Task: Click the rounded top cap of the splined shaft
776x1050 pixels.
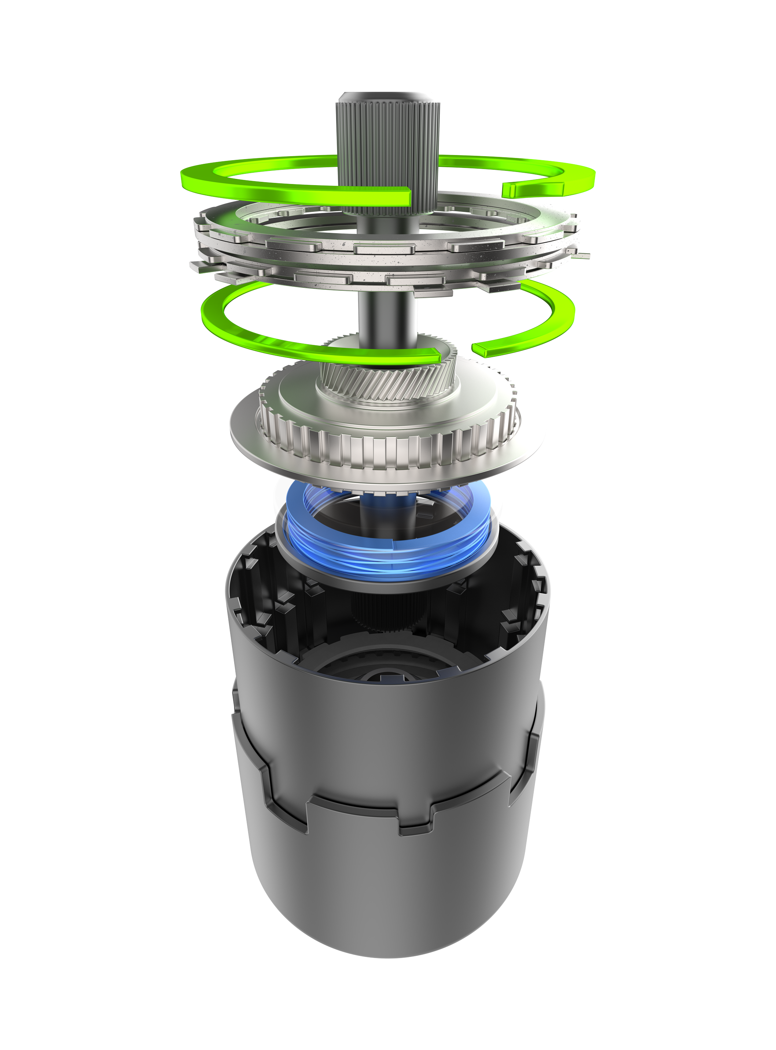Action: [387, 96]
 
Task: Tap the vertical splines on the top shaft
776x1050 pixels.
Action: [387, 141]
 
